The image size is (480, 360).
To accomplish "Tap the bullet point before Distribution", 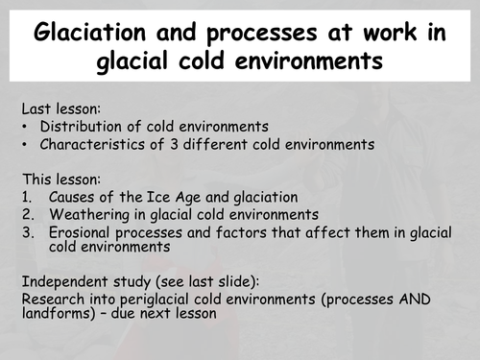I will click(24, 127).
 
